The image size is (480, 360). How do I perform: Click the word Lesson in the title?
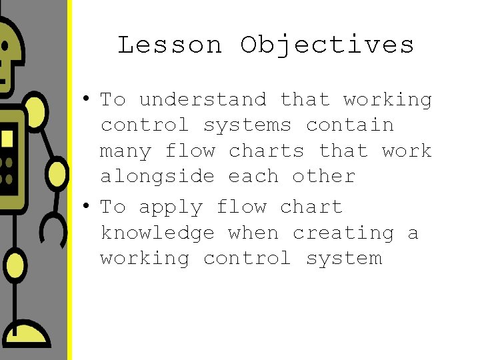tap(170, 45)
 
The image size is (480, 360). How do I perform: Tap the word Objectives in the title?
tap(327, 45)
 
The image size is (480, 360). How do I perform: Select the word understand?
tap(203, 100)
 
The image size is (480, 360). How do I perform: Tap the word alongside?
tap(157, 177)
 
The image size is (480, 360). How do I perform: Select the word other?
tap(323, 177)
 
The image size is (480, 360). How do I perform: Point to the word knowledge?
tap(157, 233)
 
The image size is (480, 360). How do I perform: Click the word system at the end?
tap(344, 259)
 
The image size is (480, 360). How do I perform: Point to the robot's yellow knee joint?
tap(15, 267)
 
